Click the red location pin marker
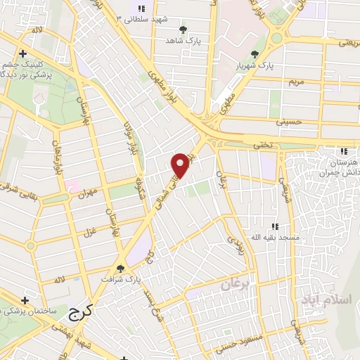(181, 164)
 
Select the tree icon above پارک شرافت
(121, 267)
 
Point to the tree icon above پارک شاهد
(184, 30)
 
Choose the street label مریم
(297, 82)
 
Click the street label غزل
(89, 233)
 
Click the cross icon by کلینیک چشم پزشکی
(22, 53)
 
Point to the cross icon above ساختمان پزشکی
(25, 299)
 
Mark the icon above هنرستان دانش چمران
(343, 150)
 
